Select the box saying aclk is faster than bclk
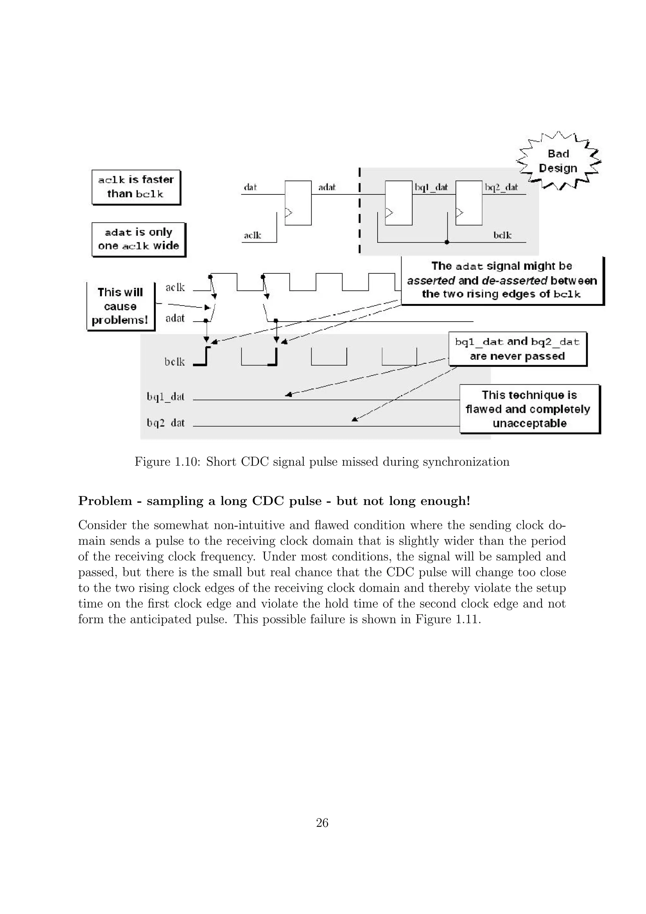pos(136,187)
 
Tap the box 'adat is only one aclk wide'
pos(138,239)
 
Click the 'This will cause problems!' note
pos(120,306)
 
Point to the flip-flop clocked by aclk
pos(298,203)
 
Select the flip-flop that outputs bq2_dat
pos(469,203)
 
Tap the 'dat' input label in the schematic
pos(250,187)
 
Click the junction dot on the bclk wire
pos(447,242)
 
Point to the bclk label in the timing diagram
pos(175,361)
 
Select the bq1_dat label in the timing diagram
pos(166,396)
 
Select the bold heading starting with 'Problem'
pos(274,501)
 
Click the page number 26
pos(322,823)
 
